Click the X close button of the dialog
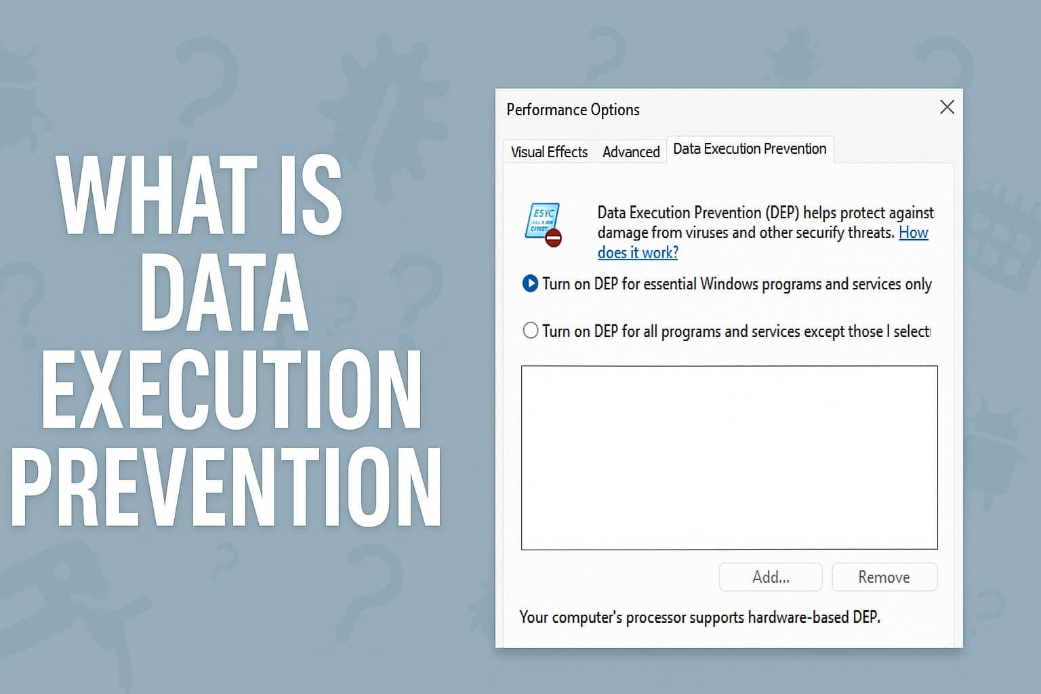point(947,107)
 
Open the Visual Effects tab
point(549,152)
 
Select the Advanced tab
point(630,152)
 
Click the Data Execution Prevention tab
point(750,149)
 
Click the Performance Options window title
point(573,110)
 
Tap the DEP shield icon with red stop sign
point(544,224)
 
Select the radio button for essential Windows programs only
point(530,283)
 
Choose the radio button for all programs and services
point(530,331)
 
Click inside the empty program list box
point(729,457)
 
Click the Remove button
point(884,577)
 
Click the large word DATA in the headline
point(224,293)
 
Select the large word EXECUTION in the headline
point(231,391)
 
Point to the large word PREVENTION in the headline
point(226,488)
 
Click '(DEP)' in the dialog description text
point(782,213)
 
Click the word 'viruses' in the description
point(707,233)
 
